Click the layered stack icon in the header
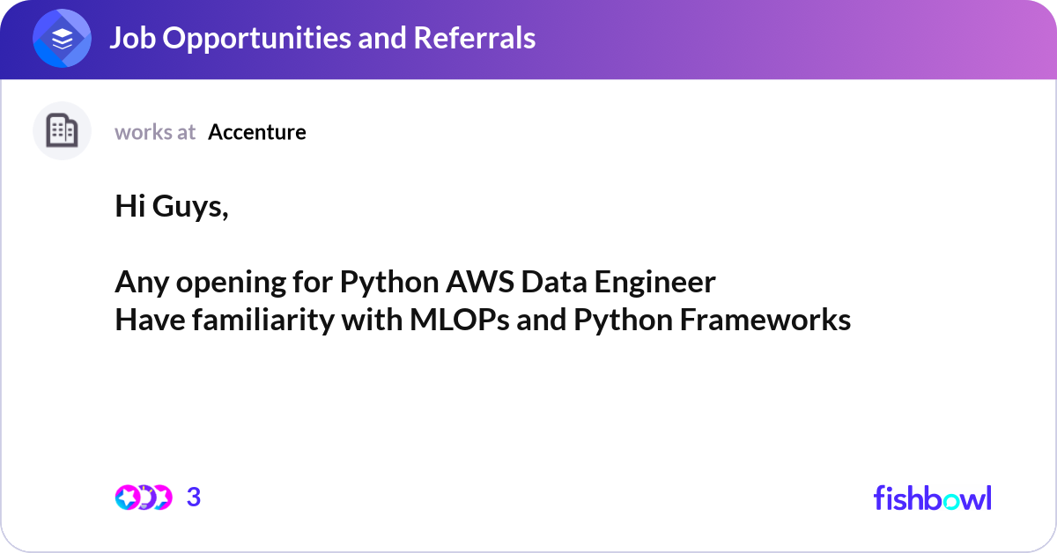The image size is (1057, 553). [x=63, y=39]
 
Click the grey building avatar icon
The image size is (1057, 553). [x=62, y=131]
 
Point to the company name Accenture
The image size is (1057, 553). [x=257, y=132]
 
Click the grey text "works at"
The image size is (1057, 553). [x=155, y=132]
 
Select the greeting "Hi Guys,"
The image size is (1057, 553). [x=172, y=208]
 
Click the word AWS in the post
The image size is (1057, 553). [x=481, y=283]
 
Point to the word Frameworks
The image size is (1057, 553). [x=765, y=321]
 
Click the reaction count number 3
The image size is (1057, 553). [x=194, y=498]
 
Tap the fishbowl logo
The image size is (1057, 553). [x=932, y=498]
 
